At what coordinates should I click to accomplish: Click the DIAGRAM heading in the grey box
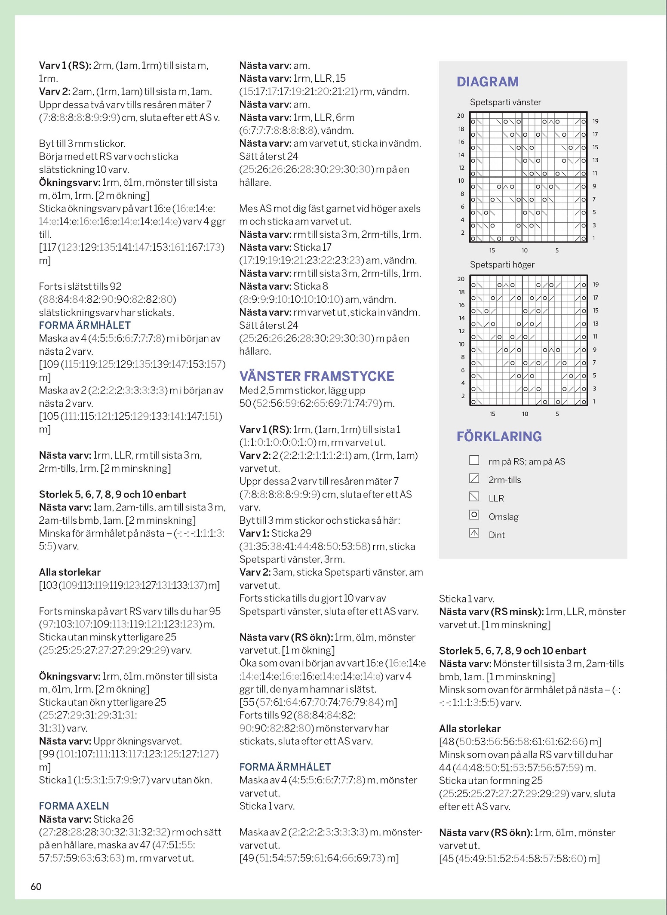point(487,82)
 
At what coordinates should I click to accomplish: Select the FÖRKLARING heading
point(499,436)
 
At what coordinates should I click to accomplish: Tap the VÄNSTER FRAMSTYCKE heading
point(317,376)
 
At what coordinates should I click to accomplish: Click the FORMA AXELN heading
point(74,806)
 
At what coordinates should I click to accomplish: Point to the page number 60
point(36,886)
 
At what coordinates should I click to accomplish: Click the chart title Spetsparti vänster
point(505,102)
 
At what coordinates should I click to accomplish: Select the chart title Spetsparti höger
point(502,265)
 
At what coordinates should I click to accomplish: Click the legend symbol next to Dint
point(474,534)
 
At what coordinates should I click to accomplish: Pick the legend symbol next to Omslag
point(474,515)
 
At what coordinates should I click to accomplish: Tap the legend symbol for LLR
point(474,497)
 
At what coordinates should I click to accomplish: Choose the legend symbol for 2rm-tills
point(474,478)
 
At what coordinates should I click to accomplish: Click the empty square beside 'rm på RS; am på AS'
point(474,460)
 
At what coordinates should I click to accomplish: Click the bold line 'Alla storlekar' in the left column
point(70,572)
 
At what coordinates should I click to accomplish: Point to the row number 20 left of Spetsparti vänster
point(461,116)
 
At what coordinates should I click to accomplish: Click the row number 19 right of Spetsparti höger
point(596,285)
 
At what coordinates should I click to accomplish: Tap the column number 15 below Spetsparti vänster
point(492,250)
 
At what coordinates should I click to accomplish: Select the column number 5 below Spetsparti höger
point(557,414)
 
